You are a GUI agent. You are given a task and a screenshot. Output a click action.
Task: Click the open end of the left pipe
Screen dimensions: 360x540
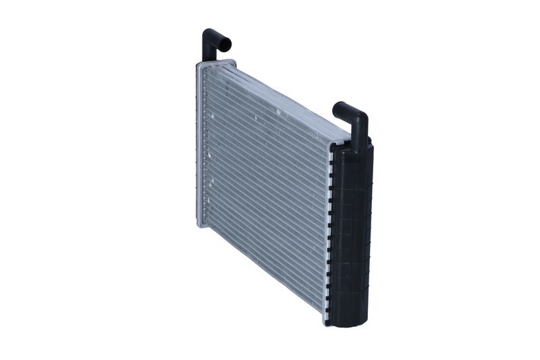tap(227, 45)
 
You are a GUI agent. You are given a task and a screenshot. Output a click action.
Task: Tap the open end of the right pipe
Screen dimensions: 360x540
tap(337, 107)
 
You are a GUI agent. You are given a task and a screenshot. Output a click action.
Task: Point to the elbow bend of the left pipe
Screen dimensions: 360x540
tap(210, 34)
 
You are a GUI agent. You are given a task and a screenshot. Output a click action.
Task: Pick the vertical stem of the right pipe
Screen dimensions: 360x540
tap(360, 132)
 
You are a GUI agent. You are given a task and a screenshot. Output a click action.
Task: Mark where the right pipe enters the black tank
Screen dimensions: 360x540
tap(359, 145)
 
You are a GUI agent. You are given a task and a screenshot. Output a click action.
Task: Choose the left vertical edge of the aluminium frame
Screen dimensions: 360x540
tap(198, 145)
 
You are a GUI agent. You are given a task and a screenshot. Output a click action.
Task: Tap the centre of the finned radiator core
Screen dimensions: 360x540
tap(263, 189)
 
